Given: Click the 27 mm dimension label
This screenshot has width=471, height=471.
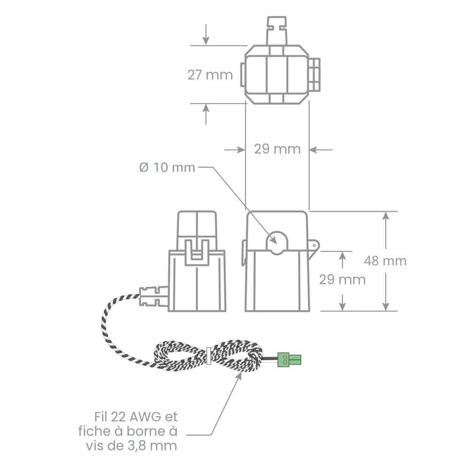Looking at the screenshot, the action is pos(210,75).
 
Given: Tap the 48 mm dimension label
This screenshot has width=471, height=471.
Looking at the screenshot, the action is pos(385,261).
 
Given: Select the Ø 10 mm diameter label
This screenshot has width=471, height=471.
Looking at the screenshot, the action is pos(167,167).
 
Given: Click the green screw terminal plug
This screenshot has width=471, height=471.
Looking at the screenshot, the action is pos(289,360).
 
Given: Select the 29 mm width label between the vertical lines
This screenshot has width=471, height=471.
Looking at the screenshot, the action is pos(277,149).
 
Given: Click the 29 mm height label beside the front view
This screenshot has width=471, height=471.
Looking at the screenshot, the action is pos(342,280).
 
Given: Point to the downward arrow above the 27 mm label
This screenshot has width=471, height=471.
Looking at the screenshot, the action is pos(206,34).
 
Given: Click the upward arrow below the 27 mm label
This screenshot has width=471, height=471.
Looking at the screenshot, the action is pos(206,114).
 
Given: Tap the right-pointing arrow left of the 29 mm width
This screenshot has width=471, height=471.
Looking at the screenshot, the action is pos(235,149).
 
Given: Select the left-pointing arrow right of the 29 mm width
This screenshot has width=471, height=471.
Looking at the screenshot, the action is pos(321,149).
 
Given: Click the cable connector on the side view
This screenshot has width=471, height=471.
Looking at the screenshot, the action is pos(154,296).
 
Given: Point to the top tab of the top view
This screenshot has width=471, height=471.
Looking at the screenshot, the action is pos(276,31).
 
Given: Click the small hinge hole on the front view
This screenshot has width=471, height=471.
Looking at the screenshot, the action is pos(315,245).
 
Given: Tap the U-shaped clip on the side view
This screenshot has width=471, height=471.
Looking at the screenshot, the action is pos(197,253).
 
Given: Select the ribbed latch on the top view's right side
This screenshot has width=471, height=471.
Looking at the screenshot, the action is pos(315,75).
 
